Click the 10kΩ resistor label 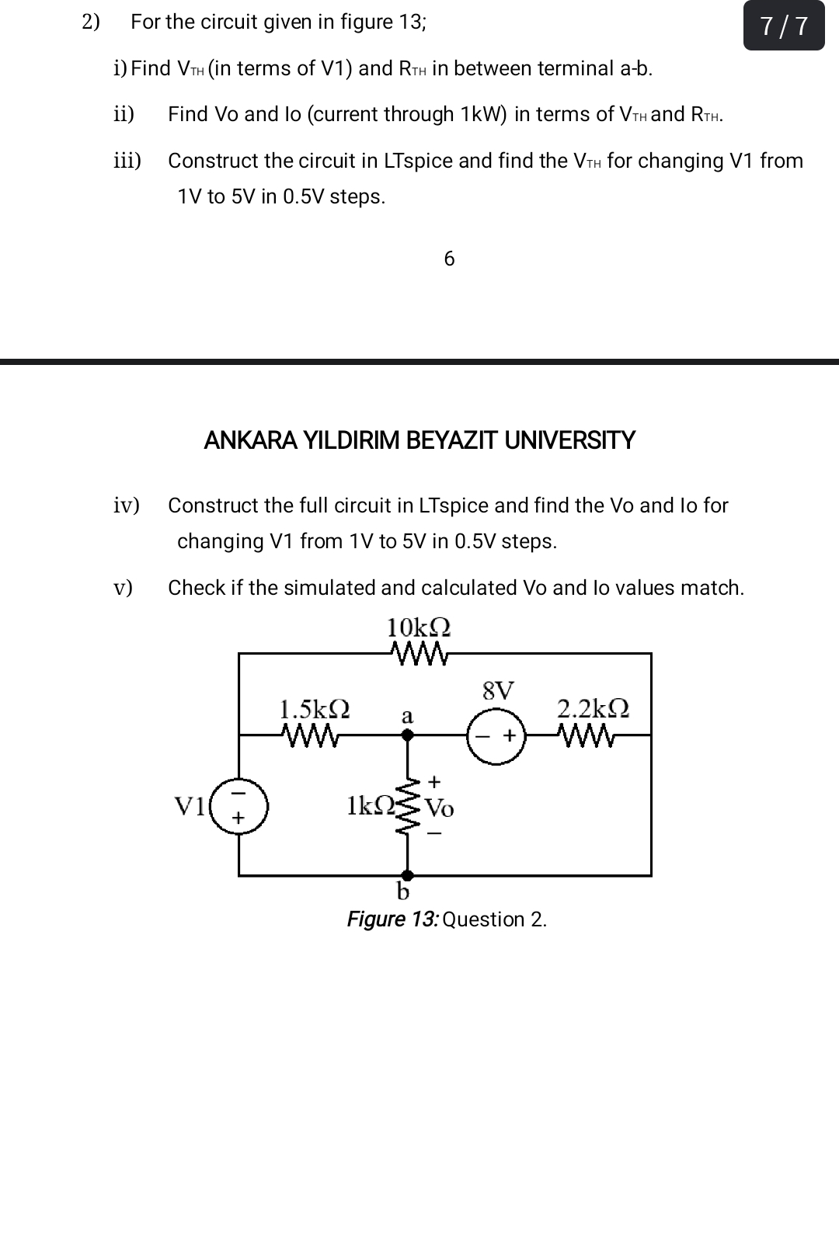tap(419, 627)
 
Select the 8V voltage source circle tap(496, 735)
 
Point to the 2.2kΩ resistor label tap(593, 708)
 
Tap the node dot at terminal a tap(406, 734)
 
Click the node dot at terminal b tap(406, 875)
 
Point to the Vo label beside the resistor tap(440, 808)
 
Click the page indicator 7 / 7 tap(783, 26)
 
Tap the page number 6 tap(449, 259)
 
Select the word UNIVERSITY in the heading tap(569, 441)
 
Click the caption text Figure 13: tap(392, 919)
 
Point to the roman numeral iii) tap(127, 161)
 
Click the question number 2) tap(92, 22)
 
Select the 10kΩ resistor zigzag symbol tap(420, 653)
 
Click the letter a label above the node tap(406, 715)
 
